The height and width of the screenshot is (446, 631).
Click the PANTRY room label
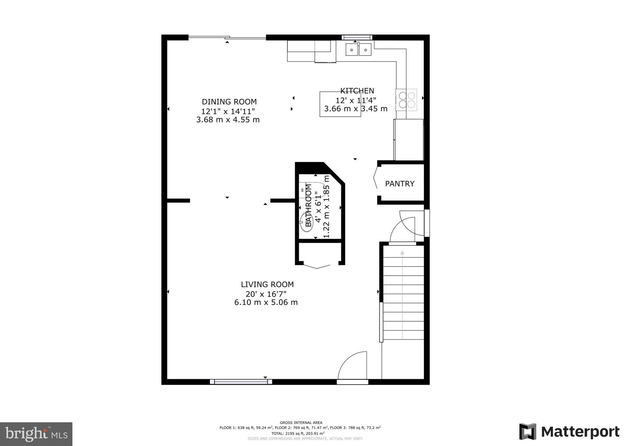(x=400, y=184)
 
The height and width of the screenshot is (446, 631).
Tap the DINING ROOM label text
(x=229, y=102)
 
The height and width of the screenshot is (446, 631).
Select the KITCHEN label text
(x=357, y=91)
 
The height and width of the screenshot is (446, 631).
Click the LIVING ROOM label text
(x=267, y=285)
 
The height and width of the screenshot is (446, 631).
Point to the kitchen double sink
(x=358, y=50)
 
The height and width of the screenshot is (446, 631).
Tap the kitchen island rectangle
(x=340, y=104)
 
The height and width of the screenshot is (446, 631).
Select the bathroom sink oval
(x=307, y=221)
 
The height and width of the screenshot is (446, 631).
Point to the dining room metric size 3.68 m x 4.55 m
(x=228, y=120)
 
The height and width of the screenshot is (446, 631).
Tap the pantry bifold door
(x=375, y=178)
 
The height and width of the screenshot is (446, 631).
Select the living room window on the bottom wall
(x=241, y=382)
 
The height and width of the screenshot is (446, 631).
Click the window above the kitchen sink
(x=357, y=38)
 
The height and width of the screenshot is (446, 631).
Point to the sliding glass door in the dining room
(x=227, y=38)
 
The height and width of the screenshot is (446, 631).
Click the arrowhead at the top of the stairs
(x=402, y=253)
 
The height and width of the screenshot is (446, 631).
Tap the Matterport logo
(x=569, y=432)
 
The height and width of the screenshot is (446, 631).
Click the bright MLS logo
(x=36, y=434)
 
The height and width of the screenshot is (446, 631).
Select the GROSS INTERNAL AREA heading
(x=301, y=423)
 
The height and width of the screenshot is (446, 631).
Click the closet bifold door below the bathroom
(x=317, y=266)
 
